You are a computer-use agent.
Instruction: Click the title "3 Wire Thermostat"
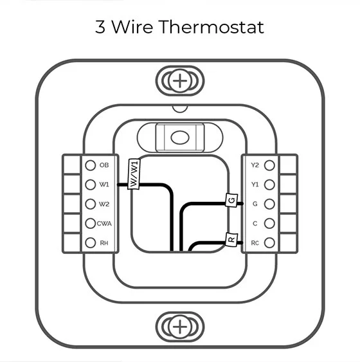(x=179, y=27)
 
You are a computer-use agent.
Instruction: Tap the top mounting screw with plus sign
(x=180, y=81)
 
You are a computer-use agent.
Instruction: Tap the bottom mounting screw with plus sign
(x=180, y=327)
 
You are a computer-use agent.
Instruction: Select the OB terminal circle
(x=91, y=165)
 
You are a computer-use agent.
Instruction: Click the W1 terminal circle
(x=91, y=185)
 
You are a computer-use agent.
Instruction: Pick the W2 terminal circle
(x=91, y=204)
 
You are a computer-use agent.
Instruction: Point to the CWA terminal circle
(x=91, y=223)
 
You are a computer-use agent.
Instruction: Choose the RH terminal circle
(x=91, y=242)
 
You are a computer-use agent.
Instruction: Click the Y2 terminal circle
(x=269, y=165)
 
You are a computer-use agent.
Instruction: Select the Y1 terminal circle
(x=269, y=185)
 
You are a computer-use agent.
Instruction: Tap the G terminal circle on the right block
(x=269, y=204)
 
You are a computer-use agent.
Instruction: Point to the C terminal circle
(x=269, y=223)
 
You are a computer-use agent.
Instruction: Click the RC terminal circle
(x=269, y=242)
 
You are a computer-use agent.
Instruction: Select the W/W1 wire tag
(x=134, y=174)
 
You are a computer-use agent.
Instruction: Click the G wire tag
(x=231, y=201)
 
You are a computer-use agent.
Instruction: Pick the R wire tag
(x=231, y=240)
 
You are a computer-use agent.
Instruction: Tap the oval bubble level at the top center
(x=179, y=138)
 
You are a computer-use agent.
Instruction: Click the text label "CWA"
(x=105, y=224)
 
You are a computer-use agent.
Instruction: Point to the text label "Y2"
(x=255, y=165)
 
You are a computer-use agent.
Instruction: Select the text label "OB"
(x=105, y=165)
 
